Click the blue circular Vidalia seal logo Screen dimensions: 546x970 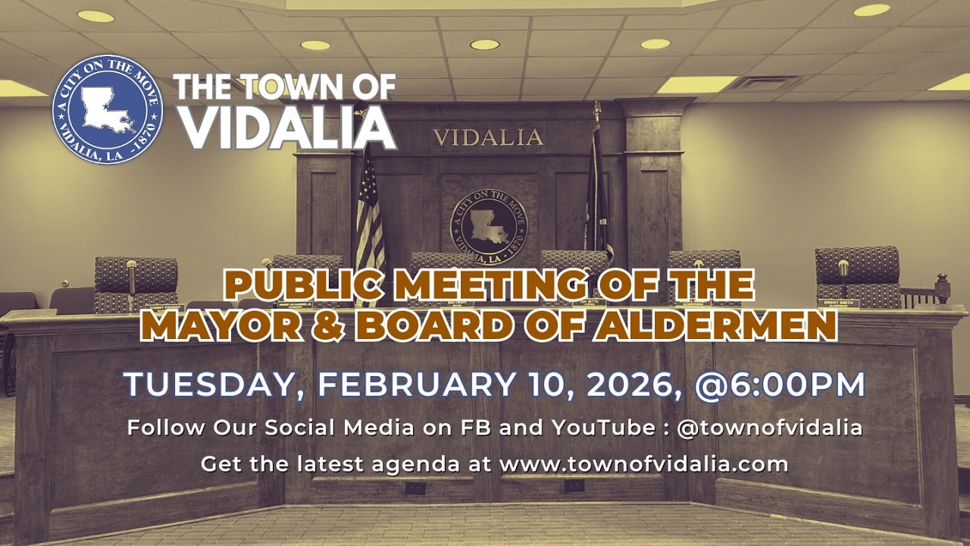pyautogui.click(x=107, y=110)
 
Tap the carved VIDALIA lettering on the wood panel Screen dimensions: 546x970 pyautogui.click(x=488, y=137)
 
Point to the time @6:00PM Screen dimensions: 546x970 pyautogui.click(x=780, y=384)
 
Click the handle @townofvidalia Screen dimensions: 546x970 pyautogui.click(x=769, y=428)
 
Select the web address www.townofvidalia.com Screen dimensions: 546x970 pyautogui.click(x=644, y=464)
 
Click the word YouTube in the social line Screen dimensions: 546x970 pyautogui.click(x=605, y=428)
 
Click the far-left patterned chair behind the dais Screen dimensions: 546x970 pyautogui.click(x=136, y=282)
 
